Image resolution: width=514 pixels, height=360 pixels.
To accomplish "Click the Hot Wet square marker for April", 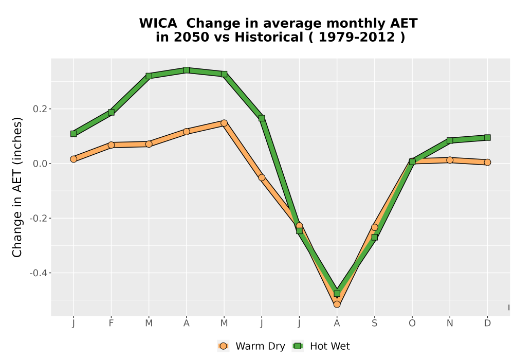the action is click(x=187, y=70).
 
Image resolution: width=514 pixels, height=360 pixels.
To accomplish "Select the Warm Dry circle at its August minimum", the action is click(x=337, y=304).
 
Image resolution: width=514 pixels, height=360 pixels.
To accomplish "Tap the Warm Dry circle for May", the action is click(x=224, y=123).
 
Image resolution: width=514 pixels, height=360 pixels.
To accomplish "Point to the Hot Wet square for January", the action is click(x=74, y=134).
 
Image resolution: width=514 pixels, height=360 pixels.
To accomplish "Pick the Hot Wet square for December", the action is click(x=487, y=137).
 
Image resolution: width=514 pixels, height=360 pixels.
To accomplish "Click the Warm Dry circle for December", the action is click(x=487, y=163).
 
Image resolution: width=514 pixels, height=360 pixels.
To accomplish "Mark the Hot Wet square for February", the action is click(x=111, y=113).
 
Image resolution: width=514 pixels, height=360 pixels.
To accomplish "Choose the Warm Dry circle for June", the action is click(x=262, y=178).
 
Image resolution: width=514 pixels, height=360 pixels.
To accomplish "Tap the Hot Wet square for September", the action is click(x=374, y=237).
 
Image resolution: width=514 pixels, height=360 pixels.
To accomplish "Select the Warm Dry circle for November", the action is click(x=450, y=160).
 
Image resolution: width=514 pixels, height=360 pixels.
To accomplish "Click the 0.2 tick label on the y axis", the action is click(x=40, y=109).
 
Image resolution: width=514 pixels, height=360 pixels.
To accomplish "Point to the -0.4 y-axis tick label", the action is click(x=39, y=273).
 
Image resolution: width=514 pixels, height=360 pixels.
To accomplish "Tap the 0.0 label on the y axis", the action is click(x=40, y=164).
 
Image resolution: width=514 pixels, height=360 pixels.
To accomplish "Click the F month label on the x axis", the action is click(x=111, y=323).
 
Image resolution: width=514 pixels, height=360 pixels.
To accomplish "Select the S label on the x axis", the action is click(x=374, y=323).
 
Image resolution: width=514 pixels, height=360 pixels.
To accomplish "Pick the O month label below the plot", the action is click(x=412, y=323).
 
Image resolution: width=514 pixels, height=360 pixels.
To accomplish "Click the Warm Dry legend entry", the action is click(x=251, y=346).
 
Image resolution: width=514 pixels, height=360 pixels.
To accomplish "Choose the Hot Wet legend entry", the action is click(x=321, y=346).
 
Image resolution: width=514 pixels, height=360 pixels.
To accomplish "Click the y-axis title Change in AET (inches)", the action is click(x=17, y=187).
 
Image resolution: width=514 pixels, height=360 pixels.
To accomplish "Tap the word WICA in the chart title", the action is click(x=158, y=23).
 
